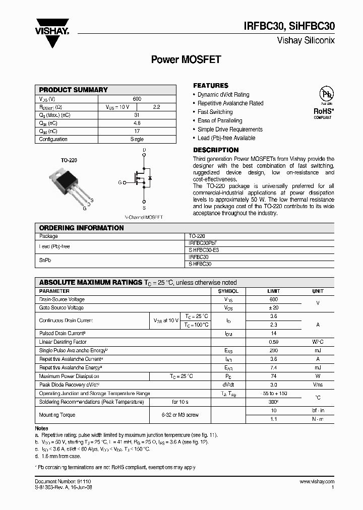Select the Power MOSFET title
click(186, 59)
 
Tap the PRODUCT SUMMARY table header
click(74, 90)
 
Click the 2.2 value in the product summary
click(156, 107)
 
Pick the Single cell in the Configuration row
click(137, 140)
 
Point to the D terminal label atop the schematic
click(144, 151)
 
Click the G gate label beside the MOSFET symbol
click(120, 182)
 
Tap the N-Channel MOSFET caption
click(144, 217)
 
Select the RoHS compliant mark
click(323, 112)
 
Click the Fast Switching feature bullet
click(215, 112)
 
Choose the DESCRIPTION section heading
click(216, 150)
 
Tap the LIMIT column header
click(273, 291)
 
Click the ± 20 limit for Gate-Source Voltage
click(273, 308)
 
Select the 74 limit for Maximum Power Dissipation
click(273, 376)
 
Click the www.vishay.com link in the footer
click(317, 482)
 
